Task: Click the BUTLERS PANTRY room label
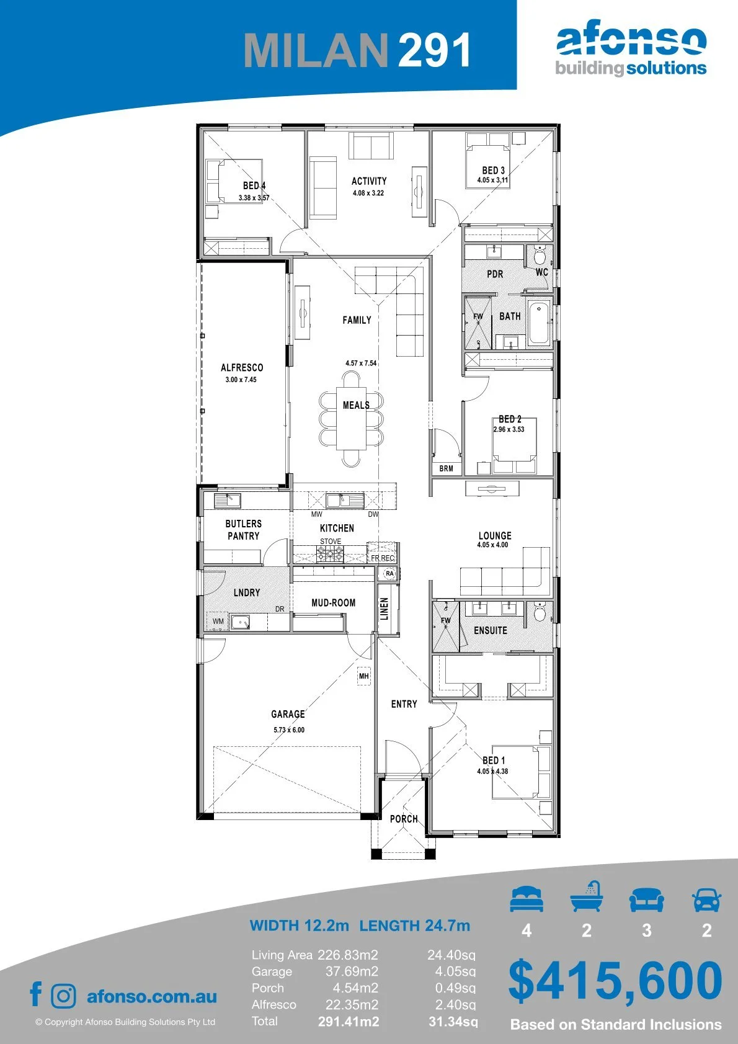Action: tap(243, 530)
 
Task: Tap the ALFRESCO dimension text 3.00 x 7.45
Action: tap(241, 380)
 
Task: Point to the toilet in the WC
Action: tap(540, 254)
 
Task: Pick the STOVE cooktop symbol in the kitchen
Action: tap(331, 554)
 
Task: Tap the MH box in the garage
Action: tap(364, 676)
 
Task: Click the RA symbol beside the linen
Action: tap(389, 573)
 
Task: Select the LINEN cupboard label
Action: tap(385, 609)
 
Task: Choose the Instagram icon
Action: tap(63, 996)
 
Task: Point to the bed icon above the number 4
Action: tap(527, 899)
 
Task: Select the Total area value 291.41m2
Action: tap(349, 1022)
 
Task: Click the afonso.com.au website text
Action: tap(152, 996)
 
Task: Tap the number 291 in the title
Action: tap(434, 50)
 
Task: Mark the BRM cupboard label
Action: tap(446, 468)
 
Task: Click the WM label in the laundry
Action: tap(218, 622)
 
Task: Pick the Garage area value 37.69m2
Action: tap(352, 972)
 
